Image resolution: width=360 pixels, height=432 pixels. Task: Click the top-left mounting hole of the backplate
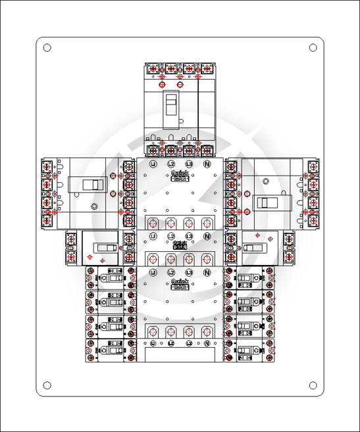click(x=47, y=47)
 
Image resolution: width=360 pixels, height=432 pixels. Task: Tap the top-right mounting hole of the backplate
click(x=313, y=47)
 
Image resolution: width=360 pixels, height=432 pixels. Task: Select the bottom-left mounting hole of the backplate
click(x=47, y=385)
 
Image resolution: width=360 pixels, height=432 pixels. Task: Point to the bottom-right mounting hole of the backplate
click(x=313, y=385)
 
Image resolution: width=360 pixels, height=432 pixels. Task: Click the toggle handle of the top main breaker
click(x=171, y=107)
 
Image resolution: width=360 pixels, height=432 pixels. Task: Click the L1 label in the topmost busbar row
click(x=153, y=163)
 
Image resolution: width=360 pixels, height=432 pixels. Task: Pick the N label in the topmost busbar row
click(x=207, y=163)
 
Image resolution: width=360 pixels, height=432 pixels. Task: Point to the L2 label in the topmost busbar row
click(x=170, y=163)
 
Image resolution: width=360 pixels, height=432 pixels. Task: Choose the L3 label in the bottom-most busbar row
click(x=189, y=344)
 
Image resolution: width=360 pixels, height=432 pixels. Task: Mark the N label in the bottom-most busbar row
click(x=207, y=344)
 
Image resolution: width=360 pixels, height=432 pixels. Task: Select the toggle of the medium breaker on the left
click(x=103, y=248)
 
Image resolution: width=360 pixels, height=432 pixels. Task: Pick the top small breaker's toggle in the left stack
click(x=114, y=278)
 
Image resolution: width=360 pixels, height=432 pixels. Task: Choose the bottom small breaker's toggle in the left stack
click(x=114, y=350)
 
